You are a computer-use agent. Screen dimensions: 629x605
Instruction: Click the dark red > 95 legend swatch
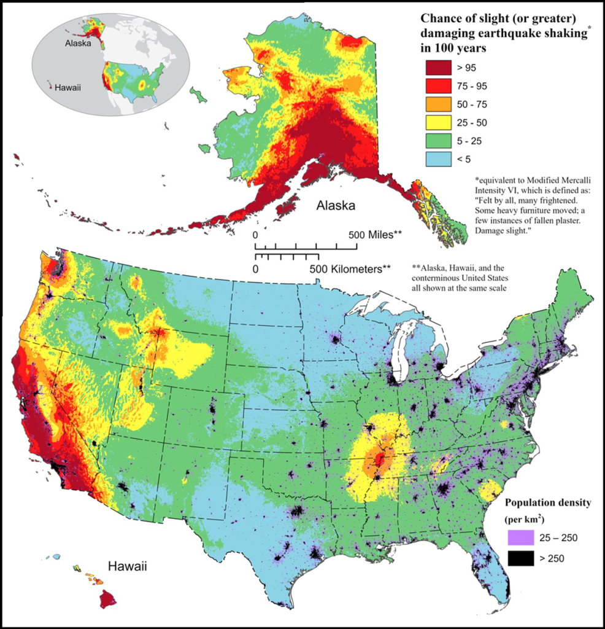point(437,66)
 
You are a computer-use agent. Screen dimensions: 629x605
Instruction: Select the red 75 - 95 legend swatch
point(437,85)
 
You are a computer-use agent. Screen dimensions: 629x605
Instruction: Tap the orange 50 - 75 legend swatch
point(437,104)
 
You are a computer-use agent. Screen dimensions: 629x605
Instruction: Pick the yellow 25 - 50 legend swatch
point(437,123)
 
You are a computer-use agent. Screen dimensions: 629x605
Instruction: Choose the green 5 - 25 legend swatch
point(437,141)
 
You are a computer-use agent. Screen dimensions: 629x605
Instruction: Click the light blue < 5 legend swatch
point(437,160)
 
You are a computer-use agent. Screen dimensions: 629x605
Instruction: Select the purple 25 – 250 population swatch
point(520,539)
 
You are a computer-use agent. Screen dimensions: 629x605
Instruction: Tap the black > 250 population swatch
point(520,558)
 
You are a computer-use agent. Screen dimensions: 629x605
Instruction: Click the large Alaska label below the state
point(336,206)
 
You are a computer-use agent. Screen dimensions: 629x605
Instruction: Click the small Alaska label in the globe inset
point(79,44)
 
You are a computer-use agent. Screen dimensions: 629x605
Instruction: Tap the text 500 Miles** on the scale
point(376,235)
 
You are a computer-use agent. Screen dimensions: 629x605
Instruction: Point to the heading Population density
point(547,503)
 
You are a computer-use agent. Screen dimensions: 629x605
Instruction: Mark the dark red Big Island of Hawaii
point(108,598)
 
